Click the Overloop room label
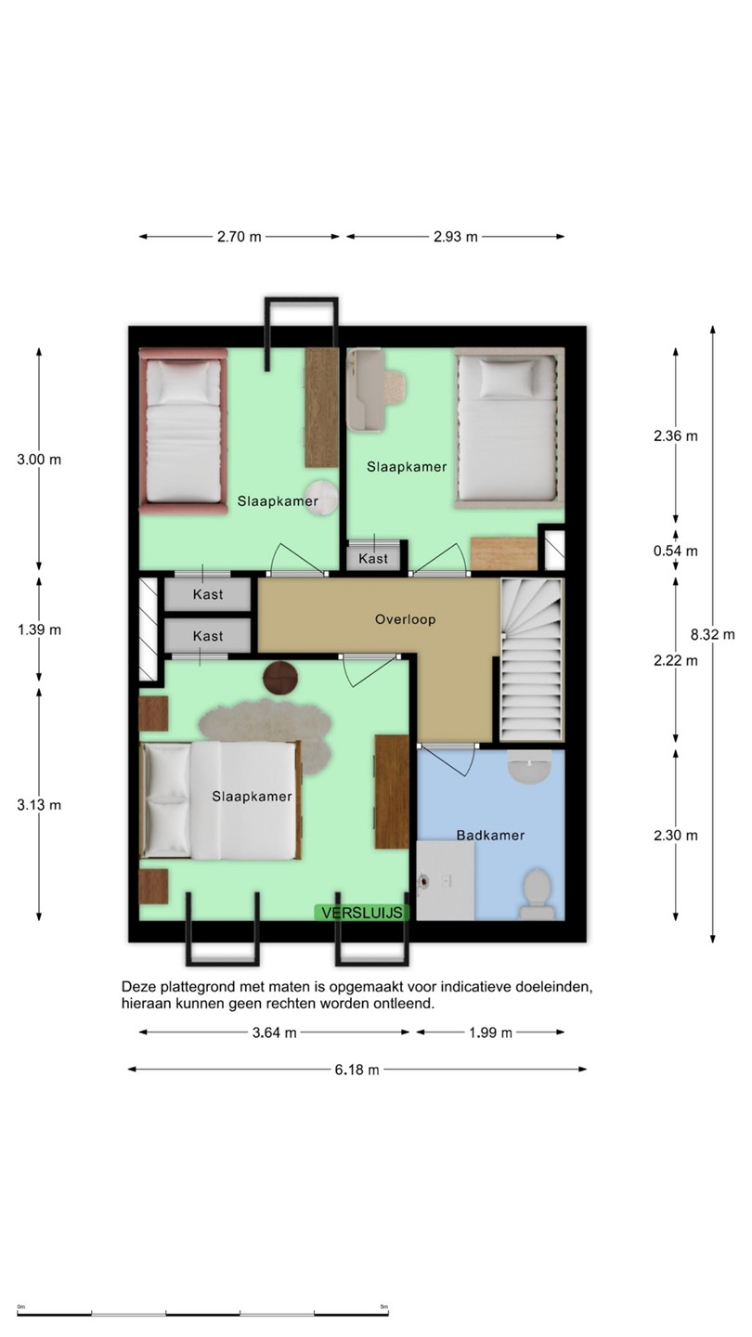[405, 619]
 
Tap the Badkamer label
[490, 836]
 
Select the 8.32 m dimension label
[713, 634]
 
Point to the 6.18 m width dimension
[357, 1070]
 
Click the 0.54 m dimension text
[676, 551]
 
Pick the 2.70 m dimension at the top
[240, 237]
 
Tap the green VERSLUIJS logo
[362, 913]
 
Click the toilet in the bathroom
[536, 894]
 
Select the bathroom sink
[529, 766]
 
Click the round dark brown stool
[280, 678]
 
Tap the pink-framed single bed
[183, 432]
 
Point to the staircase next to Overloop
[531, 659]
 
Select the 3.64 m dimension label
[275, 1032]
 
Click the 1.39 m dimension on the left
[39, 630]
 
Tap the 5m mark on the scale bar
[384, 1307]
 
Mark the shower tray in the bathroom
[446, 880]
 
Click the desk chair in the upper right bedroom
[394, 386]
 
